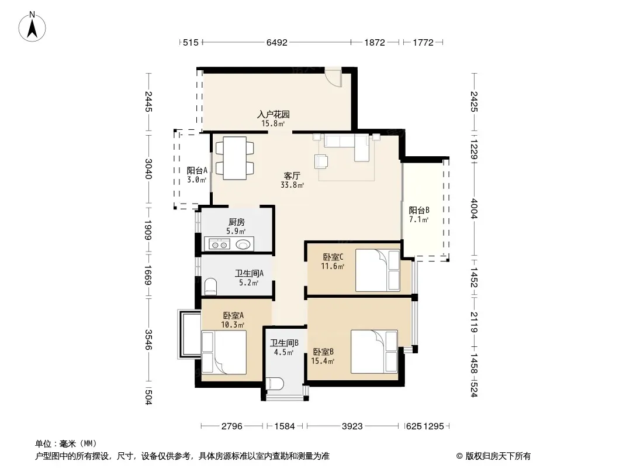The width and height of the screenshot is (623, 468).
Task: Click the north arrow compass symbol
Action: (32, 27)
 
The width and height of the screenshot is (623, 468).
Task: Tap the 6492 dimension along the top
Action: (276, 42)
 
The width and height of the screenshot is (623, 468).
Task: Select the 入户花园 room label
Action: (274, 115)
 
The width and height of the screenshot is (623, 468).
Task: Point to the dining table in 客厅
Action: (234, 159)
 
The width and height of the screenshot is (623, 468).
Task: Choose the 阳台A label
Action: (197, 171)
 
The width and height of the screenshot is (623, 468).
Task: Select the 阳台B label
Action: (419, 211)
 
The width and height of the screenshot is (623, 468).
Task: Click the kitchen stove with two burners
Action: (220, 244)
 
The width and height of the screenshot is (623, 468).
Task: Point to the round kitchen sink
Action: (243, 244)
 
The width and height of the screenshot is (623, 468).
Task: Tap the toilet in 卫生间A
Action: (210, 287)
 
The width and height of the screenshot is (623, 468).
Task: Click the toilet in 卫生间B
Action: (275, 384)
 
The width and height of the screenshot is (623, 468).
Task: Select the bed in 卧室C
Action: (378, 270)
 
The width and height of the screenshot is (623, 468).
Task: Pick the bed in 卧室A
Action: (224, 352)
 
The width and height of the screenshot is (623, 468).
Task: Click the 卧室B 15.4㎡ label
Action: (323, 356)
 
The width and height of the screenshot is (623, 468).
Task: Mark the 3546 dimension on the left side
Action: (148, 339)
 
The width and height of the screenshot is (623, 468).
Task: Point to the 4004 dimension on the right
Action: (474, 208)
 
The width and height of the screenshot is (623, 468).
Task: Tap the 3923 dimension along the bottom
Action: (352, 426)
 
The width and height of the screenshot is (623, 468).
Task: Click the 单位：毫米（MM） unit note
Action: (66, 444)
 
